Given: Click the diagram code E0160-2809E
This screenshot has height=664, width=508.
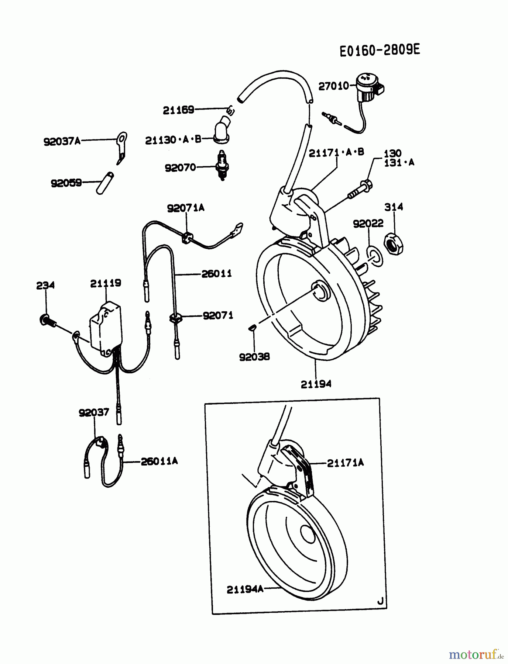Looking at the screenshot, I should (x=380, y=50).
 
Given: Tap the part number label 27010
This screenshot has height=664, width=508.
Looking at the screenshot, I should (x=333, y=86).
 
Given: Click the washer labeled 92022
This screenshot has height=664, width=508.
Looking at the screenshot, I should (x=375, y=255).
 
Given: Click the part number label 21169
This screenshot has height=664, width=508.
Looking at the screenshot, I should (x=178, y=110).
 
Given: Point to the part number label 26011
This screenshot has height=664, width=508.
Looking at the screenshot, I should (x=216, y=274).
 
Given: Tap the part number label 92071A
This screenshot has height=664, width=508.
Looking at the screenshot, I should (x=185, y=208).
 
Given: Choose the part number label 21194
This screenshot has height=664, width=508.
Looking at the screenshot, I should (x=316, y=384).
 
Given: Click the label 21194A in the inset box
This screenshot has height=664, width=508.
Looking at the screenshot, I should (x=245, y=589).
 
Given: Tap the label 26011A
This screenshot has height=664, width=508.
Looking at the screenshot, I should (x=159, y=461).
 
